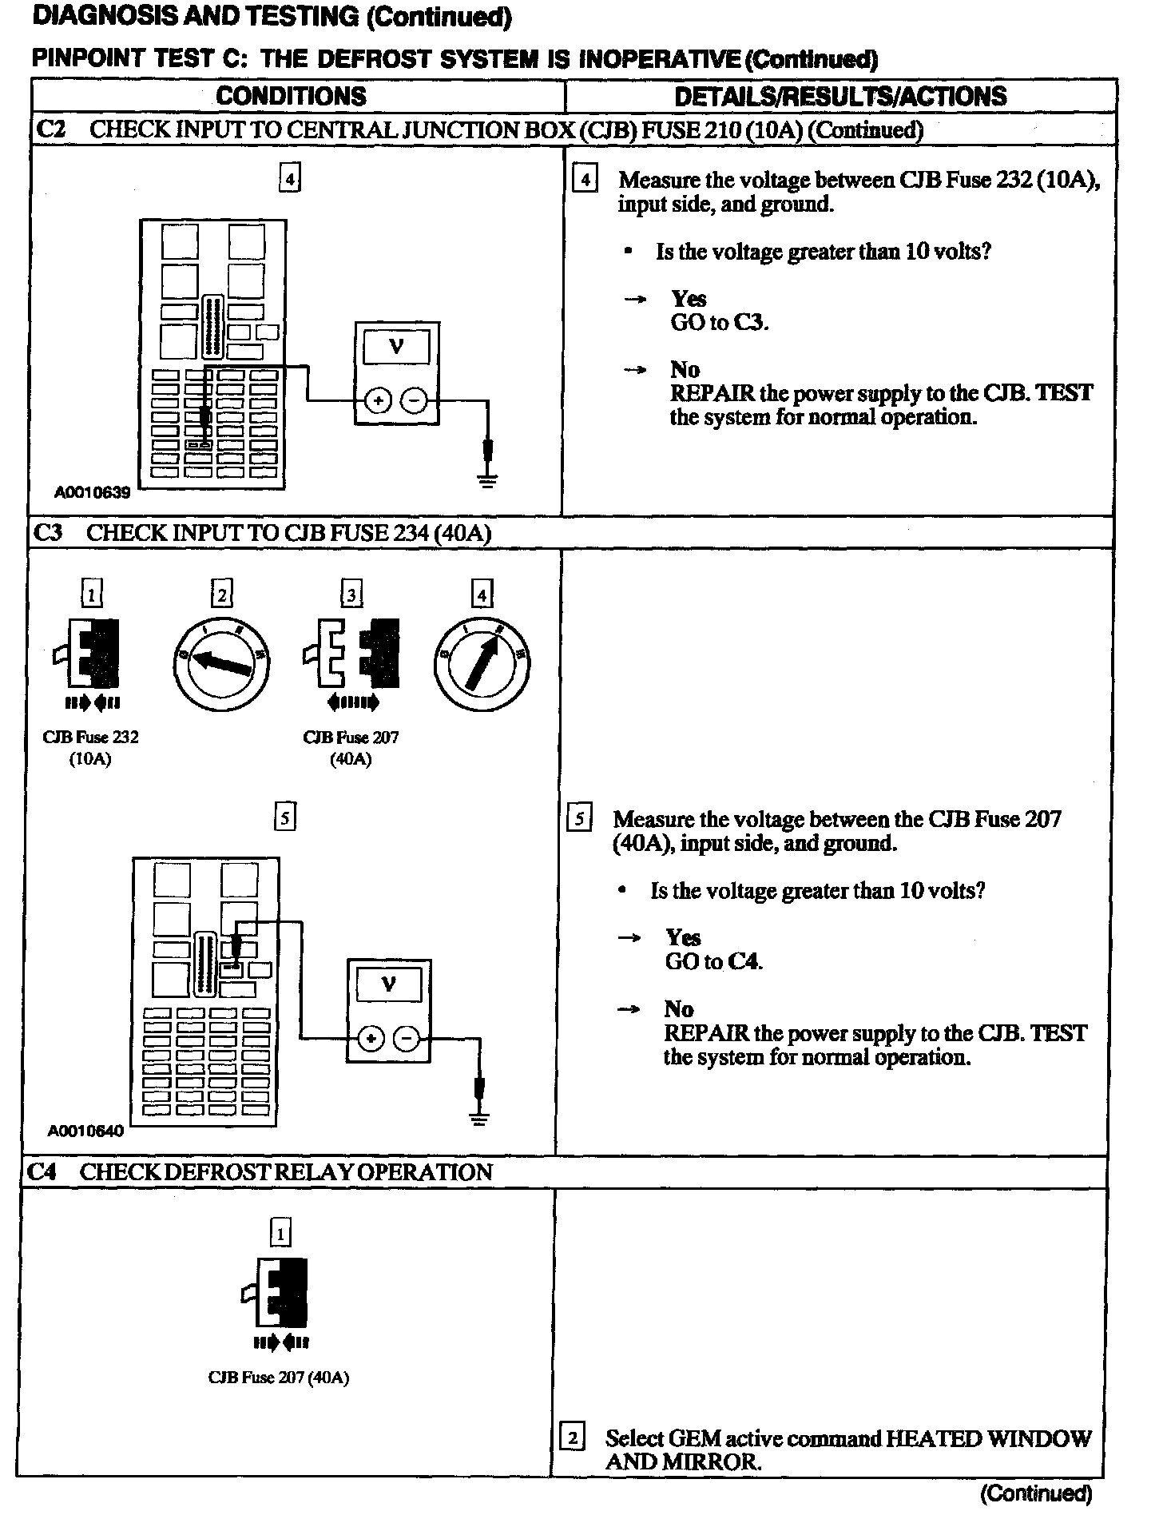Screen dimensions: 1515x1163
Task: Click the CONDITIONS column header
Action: click(291, 97)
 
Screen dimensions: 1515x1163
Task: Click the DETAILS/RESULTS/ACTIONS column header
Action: click(840, 97)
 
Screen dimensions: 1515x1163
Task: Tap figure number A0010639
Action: click(92, 493)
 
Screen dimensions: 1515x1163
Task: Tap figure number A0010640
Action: click(85, 1131)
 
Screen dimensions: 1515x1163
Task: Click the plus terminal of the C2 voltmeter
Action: click(377, 400)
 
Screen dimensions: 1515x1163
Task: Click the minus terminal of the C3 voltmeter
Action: click(407, 1039)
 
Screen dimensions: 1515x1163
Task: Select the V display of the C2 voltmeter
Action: click(396, 347)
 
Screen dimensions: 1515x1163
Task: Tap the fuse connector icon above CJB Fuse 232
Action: click(89, 654)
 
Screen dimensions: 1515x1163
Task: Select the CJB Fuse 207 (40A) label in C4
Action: click(279, 1378)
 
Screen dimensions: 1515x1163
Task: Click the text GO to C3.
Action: click(719, 323)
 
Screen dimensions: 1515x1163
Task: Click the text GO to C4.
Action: click(713, 961)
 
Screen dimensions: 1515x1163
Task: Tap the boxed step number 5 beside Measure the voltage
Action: click(579, 820)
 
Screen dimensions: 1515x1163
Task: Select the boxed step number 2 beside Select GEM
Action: click(572, 1438)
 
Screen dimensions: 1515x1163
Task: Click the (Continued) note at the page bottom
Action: click(1036, 1493)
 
